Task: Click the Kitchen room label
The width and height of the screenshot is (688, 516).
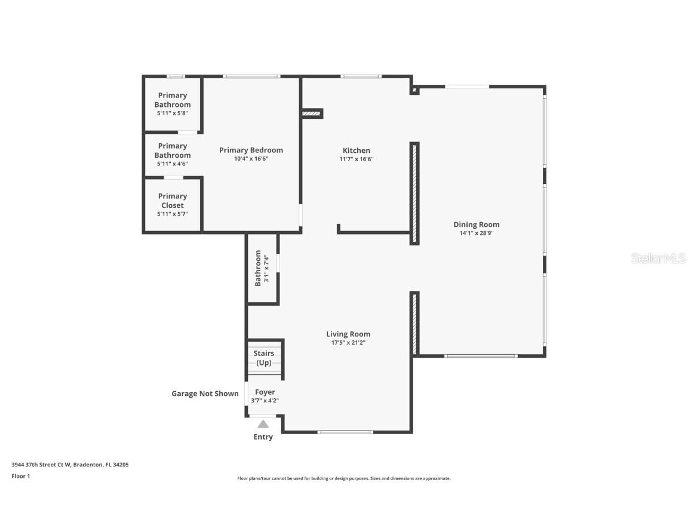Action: pos(356,150)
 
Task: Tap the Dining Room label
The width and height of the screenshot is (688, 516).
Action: pos(476,225)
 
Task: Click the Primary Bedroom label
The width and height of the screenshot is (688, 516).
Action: pos(251,150)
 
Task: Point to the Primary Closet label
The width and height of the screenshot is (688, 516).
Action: pos(173,201)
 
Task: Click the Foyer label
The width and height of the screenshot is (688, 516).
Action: pos(265,392)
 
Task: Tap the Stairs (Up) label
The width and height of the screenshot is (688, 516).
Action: pos(264,358)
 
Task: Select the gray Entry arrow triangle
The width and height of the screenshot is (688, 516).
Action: pos(263,424)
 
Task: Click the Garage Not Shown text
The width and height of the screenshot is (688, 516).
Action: pos(205,394)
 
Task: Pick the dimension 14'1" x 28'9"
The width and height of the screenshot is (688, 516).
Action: pos(476,234)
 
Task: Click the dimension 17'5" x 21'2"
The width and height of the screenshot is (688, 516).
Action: pos(348,343)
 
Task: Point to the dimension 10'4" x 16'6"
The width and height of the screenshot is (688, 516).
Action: pos(251,159)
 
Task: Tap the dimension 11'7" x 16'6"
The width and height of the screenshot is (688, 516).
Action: pos(357,159)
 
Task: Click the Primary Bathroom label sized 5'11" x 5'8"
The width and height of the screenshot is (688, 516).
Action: pos(173,100)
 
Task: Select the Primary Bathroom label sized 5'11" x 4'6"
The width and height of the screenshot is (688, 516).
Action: pos(173,150)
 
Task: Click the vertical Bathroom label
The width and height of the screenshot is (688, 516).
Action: pos(258,268)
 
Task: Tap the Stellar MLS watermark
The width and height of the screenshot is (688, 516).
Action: pos(659,259)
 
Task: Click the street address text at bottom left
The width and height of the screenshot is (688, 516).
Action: pos(70,464)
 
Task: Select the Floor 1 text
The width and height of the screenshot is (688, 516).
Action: pos(20,476)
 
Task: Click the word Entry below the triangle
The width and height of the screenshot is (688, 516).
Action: pos(263,437)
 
